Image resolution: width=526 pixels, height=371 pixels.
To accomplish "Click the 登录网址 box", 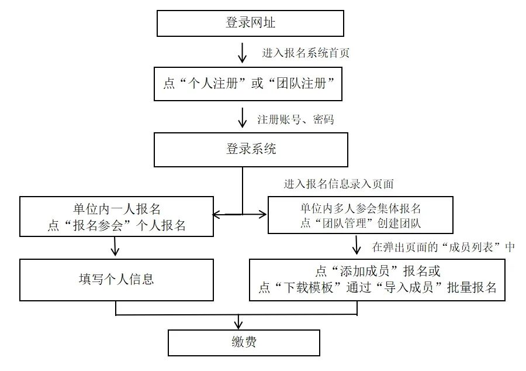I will point(250,23).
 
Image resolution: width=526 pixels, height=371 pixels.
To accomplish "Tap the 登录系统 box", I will point(251,149).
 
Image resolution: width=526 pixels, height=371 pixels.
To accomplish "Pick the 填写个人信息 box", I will point(116,279).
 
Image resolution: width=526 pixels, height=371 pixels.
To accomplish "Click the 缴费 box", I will point(244,342).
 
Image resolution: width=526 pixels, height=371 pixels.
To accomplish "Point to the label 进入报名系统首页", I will point(305,53).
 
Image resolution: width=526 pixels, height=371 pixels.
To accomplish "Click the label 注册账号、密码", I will point(295,120).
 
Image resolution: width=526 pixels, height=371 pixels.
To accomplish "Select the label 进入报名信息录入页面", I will point(338,184).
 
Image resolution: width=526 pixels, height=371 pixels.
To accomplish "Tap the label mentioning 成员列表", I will point(444,247).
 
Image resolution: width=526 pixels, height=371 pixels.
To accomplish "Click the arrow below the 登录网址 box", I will point(242,53).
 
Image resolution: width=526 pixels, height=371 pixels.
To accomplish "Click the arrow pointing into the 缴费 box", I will point(238,321).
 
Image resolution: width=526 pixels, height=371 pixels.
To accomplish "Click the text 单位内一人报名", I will point(116,208).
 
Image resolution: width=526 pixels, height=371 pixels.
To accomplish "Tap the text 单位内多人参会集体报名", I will point(361,208).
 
